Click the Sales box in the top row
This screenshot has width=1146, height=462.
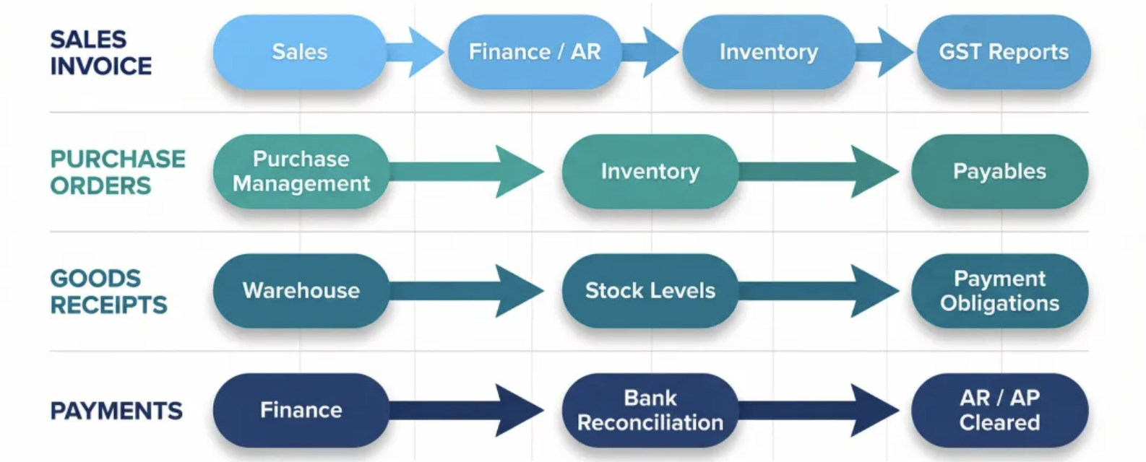pos(299,52)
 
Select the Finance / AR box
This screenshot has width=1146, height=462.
pos(534,52)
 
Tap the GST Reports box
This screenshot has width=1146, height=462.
pos(1003,52)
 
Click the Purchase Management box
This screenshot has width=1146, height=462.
pos(301,171)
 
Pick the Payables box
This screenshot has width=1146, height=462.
pos(999,171)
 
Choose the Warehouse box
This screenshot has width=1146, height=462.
pos(301,290)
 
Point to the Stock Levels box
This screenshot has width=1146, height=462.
pos(650,290)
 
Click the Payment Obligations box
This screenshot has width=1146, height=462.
pos(999,290)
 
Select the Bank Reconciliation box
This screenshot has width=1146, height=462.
pos(650,410)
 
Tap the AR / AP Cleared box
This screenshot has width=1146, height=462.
pos(999,410)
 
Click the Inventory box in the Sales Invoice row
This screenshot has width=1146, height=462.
pos(768,52)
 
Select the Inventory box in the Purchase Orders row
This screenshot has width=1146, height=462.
pos(650,171)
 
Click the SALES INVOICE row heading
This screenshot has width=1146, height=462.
pos(100,53)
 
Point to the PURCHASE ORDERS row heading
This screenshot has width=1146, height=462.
pos(117,172)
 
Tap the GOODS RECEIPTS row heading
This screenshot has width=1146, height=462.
pos(108,291)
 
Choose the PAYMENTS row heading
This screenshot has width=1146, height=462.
pos(116,411)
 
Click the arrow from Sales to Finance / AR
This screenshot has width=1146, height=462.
pos(418,52)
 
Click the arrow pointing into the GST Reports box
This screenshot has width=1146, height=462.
pos(887,52)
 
